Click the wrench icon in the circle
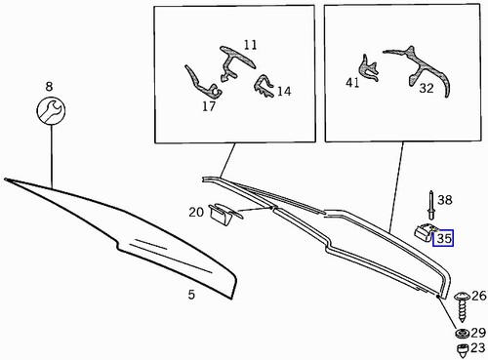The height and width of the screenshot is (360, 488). (50, 112)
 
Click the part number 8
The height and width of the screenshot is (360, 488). (49, 87)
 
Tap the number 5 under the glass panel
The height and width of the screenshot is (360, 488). (191, 295)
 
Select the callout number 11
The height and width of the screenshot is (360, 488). (251, 45)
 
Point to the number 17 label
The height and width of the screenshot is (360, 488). (209, 106)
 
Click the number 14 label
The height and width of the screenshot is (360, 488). (284, 92)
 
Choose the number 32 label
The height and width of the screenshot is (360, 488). (426, 88)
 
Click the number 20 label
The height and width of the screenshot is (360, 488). (195, 212)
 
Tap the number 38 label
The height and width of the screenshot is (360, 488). (445, 200)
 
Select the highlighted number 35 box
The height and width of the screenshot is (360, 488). (445, 237)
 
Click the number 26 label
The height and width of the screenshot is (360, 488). (478, 295)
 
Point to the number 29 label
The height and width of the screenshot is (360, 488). (477, 334)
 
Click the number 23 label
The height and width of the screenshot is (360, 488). (477, 347)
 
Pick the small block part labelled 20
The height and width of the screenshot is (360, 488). (223, 213)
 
